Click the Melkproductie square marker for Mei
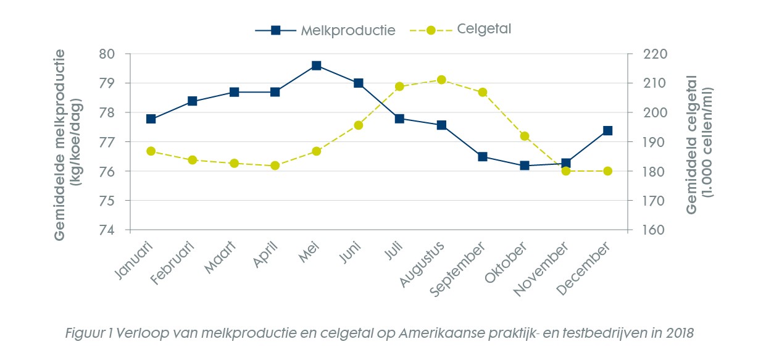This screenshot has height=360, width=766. tap(317, 65)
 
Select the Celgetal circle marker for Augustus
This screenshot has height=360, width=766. tap(441, 80)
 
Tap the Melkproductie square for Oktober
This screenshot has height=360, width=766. tap(525, 165)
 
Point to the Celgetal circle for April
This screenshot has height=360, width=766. tap(275, 165)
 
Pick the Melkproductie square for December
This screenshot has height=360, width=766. tap(607, 130)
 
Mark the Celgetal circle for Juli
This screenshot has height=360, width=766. tap(399, 86)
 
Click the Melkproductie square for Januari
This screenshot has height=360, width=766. tap(151, 119)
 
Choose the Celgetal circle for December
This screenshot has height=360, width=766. tap(607, 171)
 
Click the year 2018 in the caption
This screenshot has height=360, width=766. tap(681, 333)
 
